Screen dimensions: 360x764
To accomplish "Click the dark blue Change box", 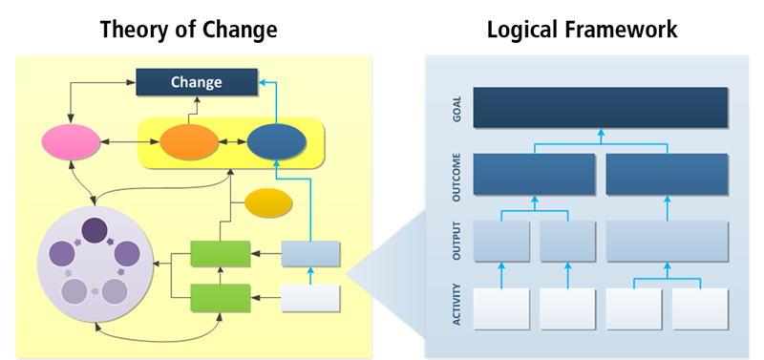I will click(196, 82).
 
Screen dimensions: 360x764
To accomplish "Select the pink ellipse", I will click(71, 143).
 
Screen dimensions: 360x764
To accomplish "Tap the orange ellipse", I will click(189, 143).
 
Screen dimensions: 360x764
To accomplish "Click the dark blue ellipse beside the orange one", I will click(277, 143).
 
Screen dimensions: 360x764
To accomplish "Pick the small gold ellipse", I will click(268, 202).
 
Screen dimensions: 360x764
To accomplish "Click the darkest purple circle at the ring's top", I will click(94, 230).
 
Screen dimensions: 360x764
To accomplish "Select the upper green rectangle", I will click(220, 254).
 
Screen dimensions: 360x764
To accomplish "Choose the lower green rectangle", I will click(220, 297).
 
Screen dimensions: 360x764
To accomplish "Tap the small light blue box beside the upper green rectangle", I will click(310, 253).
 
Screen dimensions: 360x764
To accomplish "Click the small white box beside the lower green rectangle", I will click(310, 298).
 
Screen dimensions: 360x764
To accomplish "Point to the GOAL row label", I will click(457, 108).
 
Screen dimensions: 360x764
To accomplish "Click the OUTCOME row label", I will click(457, 174).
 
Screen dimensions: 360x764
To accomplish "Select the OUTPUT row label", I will click(457, 241).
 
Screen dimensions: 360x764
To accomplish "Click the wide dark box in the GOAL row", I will click(600, 108).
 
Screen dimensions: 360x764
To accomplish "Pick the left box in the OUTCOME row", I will click(534, 174).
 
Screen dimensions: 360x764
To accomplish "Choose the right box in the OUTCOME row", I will click(667, 174).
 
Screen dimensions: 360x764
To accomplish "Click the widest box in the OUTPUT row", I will click(667, 241).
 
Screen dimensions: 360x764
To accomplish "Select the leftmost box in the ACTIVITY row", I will click(500, 308).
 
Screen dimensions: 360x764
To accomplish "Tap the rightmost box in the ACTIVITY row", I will click(700, 308).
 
